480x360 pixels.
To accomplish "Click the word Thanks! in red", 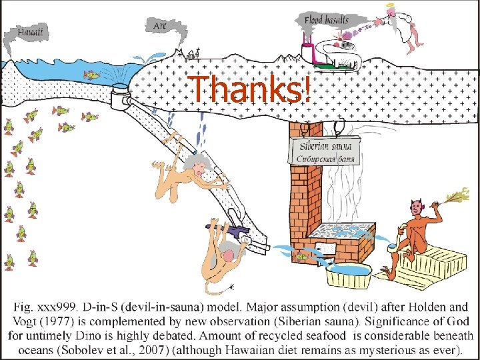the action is (x=249, y=88).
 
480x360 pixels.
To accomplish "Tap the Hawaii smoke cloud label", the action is (x=29, y=32).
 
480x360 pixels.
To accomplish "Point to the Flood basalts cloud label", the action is (x=326, y=20).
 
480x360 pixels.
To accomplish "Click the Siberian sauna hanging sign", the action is (x=325, y=151).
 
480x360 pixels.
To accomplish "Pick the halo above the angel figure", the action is (x=390, y=5).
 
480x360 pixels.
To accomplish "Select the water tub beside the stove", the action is (x=349, y=275).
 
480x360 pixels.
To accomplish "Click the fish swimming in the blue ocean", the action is (x=92, y=75).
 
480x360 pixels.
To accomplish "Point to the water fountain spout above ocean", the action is (x=149, y=58).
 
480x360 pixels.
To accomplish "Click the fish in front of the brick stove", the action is (x=301, y=257).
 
